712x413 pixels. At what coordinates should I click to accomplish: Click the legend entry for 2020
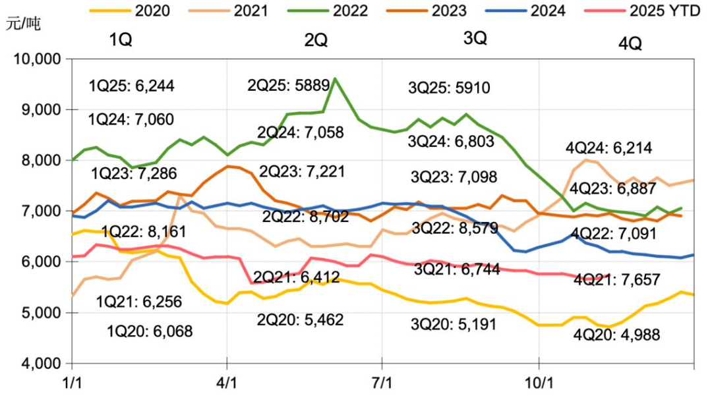point(138,11)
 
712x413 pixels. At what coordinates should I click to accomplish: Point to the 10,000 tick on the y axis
point(37,59)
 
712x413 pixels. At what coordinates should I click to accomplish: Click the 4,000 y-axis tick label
point(40,364)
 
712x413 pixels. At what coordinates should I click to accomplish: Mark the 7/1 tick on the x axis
point(382,383)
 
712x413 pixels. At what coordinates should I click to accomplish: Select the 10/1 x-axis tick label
point(539,383)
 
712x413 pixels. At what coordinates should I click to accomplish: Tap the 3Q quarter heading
point(475,38)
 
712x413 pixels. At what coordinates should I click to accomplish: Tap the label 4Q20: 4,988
point(616,334)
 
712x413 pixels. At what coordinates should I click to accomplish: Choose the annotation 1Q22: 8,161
point(144,232)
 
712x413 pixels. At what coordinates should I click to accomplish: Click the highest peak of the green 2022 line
point(335,78)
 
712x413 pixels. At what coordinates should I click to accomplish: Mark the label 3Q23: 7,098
point(454,177)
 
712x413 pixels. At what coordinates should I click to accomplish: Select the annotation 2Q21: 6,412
point(297,277)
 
